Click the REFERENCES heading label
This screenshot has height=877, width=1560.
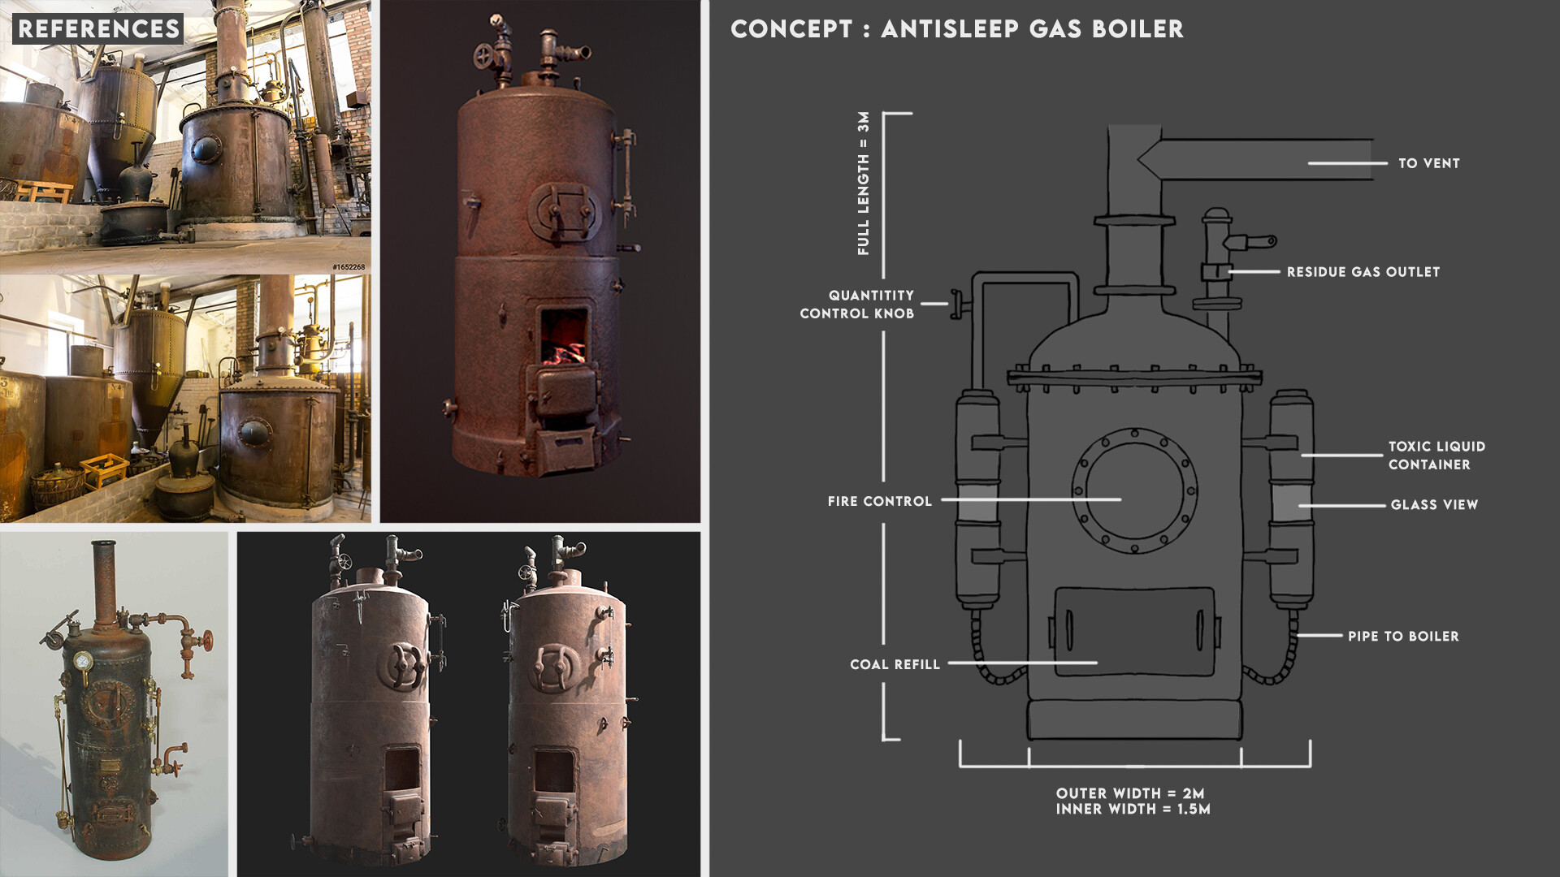[x=98, y=29]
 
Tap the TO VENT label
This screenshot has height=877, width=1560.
[x=1428, y=163]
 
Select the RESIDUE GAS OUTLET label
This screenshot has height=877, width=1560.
[x=1363, y=272]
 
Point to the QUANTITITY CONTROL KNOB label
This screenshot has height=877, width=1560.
[x=857, y=305]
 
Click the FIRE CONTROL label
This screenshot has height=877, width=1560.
[x=880, y=502]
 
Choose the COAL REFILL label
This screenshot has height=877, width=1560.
[x=895, y=664]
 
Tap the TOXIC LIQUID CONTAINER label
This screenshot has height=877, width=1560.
[x=1436, y=456]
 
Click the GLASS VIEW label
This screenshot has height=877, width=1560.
[x=1434, y=505]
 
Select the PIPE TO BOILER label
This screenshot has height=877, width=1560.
[x=1403, y=637]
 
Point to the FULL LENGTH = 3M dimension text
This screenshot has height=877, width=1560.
[x=864, y=184]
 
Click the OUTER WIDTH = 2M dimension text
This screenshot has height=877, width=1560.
[x=1130, y=793]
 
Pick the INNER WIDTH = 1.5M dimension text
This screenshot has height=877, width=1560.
[x=1133, y=809]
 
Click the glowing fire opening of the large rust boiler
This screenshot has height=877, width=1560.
[x=564, y=337]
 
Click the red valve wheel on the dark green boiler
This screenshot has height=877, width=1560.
[x=209, y=640]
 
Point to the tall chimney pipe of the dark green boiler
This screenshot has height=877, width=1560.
[x=104, y=584]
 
